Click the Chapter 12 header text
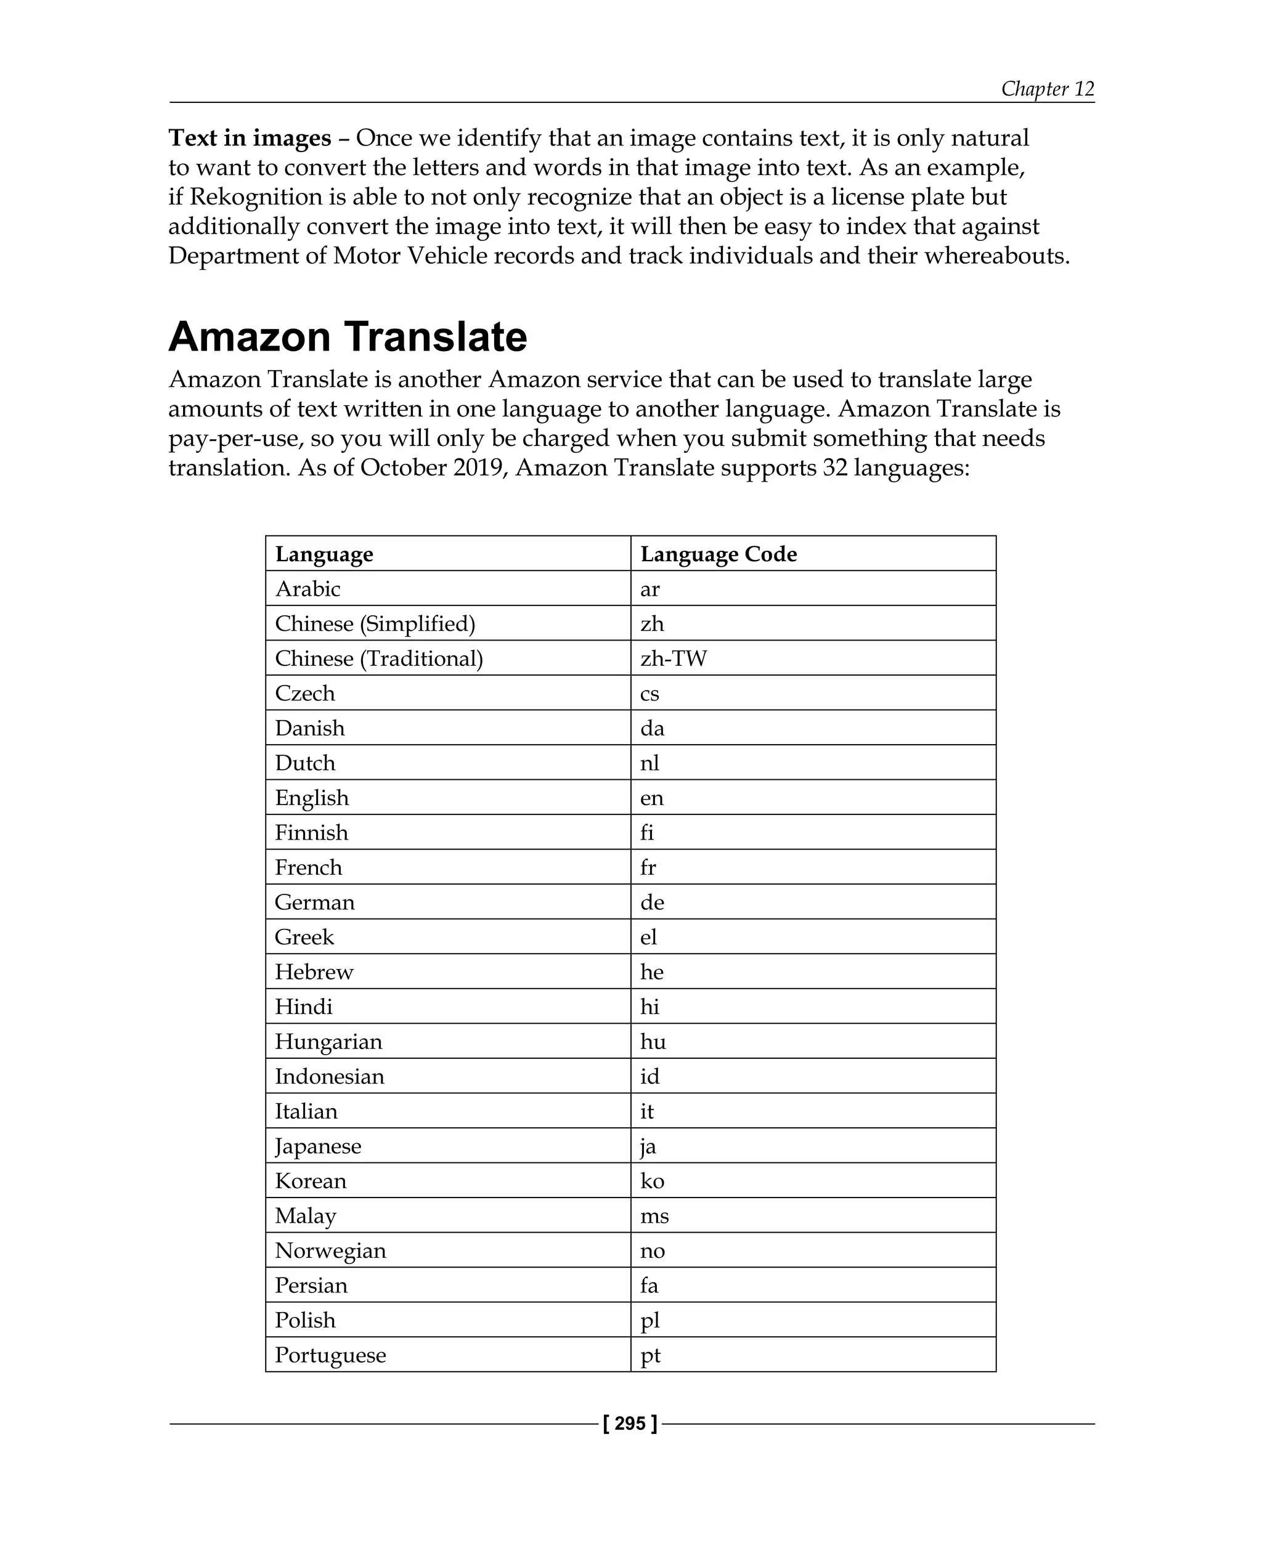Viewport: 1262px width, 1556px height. [1047, 89]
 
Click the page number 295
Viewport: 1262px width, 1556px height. [630, 1423]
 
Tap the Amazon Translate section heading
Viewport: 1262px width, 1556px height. [348, 336]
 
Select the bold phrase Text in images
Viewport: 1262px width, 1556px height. [250, 137]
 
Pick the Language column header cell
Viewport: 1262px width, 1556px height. [324, 554]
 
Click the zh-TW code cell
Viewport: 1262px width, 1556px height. [673, 658]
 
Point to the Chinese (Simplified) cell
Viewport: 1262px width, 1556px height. [375, 623]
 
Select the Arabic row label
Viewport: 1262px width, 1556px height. [307, 589]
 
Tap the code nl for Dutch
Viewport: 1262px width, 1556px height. [649, 763]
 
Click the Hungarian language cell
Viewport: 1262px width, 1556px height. [328, 1042]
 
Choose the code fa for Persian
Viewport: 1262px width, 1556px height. [648, 1285]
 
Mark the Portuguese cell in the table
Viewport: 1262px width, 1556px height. [330, 1355]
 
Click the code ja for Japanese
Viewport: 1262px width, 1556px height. [648, 1146]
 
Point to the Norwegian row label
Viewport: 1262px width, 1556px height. [330, 1250]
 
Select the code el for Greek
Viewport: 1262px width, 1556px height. [648, 937]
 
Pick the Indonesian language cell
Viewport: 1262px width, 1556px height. [329, 1076]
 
